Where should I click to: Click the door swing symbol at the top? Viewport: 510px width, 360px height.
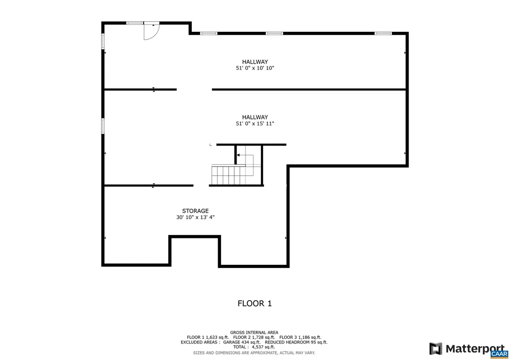pyautogui.click(x=151, y=31)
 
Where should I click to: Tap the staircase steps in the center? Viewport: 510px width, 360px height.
pyautogui.click(x=227, y=175)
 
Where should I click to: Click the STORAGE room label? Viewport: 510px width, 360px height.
pyautogui.click(x=195, y=211)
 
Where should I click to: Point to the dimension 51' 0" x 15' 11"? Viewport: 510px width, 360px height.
pyautogui.click(x=255, y=123)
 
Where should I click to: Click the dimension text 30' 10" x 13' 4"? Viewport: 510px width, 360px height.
pyautogui.click(x=195, y=217)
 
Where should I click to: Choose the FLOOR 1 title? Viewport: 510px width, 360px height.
pyautogui.click(x=255, y=303)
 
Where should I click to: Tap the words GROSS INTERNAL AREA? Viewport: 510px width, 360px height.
pyautogui.click(x=254, y=332)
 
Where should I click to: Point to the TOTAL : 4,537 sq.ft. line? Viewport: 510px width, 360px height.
pyautogui.click(x=254, y=347)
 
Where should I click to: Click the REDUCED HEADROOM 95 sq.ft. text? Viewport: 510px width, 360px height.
pyautogui.click(x=296, y=342)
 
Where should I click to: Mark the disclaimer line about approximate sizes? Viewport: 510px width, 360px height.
pyautogui.click(x=254, y=353)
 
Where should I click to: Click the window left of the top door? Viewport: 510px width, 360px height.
pyautogui.click(x=133, y=23)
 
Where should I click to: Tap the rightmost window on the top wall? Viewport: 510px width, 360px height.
pyautogui.click(x=383, y=33)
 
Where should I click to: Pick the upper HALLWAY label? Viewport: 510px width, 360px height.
pyautogui.click(x=255, y=62)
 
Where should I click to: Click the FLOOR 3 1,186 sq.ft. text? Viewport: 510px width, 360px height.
pyautogui.click(x=298, y=337)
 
